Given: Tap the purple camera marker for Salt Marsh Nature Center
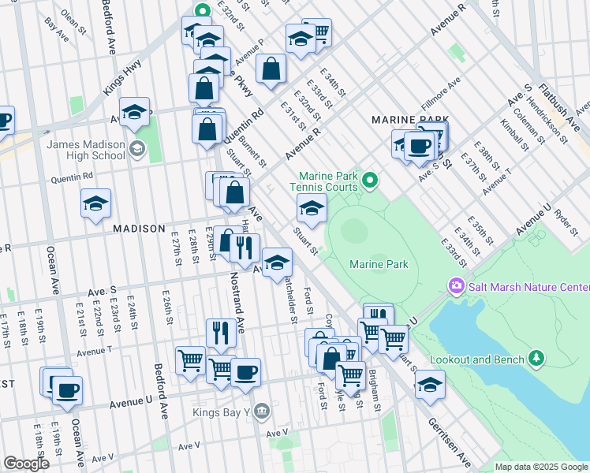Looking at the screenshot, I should point(455,285).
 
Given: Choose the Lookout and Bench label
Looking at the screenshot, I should point(478,359).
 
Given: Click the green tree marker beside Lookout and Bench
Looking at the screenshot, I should point(536,359).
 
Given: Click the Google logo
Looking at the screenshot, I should point(27,464).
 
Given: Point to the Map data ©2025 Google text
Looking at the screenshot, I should point(540,467).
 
